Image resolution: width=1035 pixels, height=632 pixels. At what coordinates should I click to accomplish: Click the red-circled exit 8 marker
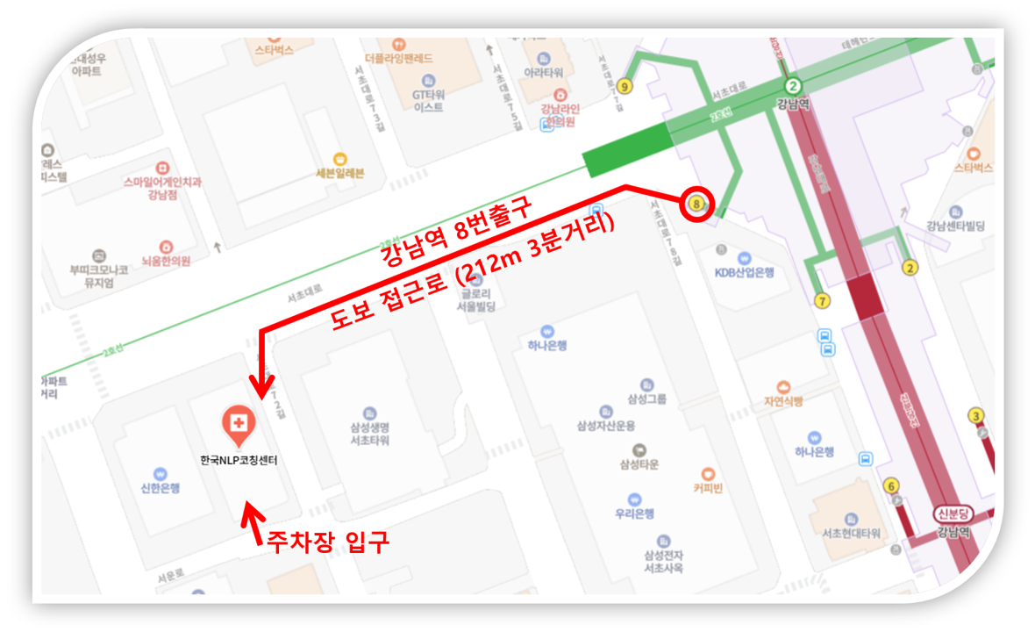697,204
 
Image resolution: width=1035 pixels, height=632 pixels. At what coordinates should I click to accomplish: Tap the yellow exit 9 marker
624,86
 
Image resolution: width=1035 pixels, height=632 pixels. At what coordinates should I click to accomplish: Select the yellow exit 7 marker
822,301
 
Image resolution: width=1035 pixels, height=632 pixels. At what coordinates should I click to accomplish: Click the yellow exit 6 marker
892,485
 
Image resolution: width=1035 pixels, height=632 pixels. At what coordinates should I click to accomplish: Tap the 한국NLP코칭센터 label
239,460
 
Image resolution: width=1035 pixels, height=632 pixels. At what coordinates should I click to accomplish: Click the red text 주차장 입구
328,542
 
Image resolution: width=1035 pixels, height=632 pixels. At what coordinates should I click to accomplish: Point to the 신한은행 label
160,487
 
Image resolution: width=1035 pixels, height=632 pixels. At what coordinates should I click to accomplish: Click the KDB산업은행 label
745,272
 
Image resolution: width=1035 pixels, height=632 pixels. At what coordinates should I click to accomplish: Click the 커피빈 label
707,488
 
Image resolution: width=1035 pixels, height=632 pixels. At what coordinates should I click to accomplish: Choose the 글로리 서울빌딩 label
476,301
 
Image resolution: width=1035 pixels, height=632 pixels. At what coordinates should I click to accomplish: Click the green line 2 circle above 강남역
793,85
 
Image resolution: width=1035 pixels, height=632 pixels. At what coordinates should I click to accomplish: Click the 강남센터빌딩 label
955,226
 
